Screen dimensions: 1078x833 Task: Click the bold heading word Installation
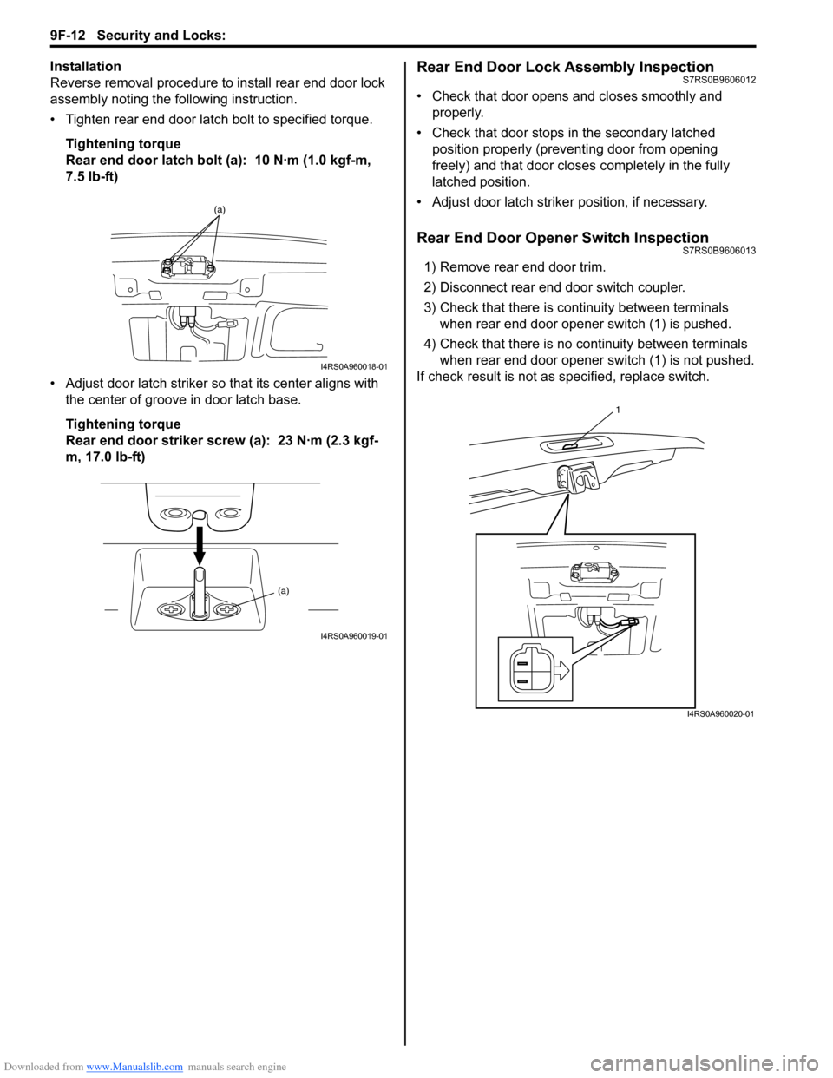85,66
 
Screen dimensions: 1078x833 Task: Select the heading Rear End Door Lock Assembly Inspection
565,67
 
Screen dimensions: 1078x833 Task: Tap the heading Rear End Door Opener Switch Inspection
562,238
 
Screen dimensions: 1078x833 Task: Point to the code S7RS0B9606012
718,80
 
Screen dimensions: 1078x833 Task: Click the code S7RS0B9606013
718,251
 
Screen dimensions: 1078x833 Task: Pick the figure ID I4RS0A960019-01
353,636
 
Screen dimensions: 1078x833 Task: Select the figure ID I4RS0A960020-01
720,713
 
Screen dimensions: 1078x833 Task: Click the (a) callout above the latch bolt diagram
220,209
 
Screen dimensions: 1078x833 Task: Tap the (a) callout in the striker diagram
284,590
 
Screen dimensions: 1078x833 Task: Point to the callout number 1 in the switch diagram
618,409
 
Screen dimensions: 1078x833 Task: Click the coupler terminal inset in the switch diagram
534,668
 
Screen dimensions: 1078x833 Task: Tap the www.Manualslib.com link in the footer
134,1067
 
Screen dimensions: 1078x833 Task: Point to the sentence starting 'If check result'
562,377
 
